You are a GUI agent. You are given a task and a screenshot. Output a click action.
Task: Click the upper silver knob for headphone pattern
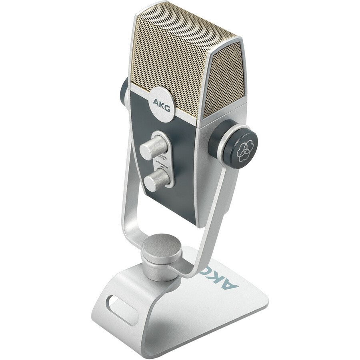tap(153, 147)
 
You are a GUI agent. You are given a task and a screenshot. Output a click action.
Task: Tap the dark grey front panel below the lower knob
tap(176, 204)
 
